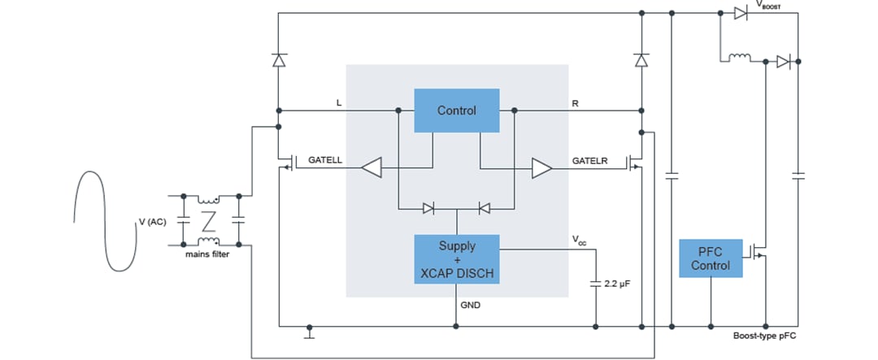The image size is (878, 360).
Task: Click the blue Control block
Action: coord(456,110)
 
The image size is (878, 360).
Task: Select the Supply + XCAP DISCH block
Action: coord(456,259)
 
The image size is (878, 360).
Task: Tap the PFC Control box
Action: coord(711,258)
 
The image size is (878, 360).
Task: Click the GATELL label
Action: coord(325,161)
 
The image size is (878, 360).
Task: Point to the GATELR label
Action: coord(590,161)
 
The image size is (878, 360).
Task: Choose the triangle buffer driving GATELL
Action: coord(372,168)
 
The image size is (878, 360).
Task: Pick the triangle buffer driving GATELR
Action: coord(541,168)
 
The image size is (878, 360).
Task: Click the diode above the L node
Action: coord(278,60)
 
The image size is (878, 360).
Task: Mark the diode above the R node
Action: coord(641,60)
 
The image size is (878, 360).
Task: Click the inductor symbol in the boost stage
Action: coord(739,59)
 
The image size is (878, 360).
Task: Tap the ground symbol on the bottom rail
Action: coord(309,332)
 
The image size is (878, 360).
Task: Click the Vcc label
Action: coord(578,241)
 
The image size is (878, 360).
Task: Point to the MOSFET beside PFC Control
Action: coord(762,254)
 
